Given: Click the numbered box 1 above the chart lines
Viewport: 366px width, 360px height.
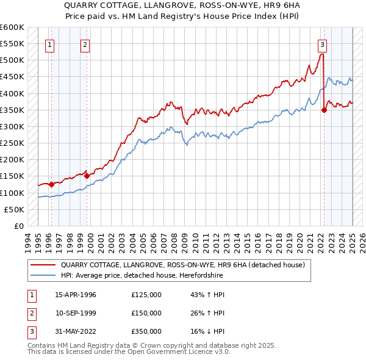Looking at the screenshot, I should tap(49, 44).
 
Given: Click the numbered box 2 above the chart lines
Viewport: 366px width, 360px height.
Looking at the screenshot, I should tap(85, 44).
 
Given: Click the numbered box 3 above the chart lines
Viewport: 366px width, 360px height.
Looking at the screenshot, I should tap(321, 44).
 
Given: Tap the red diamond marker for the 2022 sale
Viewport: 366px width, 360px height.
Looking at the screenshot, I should tap(325, 110).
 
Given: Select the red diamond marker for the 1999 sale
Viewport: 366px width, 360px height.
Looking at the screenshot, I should tap(87, 176).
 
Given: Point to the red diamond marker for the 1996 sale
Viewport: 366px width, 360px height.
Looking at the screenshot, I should tap(52, 184).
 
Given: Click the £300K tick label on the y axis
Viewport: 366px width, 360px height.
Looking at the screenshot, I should tap(12, 126).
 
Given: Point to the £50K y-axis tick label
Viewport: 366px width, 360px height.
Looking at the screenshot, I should tap(14, 209).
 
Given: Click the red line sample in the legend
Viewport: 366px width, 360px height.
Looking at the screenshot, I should tap(43, 265).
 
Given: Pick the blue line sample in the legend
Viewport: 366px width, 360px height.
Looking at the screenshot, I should tap(43, 276).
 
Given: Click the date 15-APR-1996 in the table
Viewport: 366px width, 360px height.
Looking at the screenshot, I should tap(76, 295).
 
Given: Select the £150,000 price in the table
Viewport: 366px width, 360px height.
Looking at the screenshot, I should tap(146, 313).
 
